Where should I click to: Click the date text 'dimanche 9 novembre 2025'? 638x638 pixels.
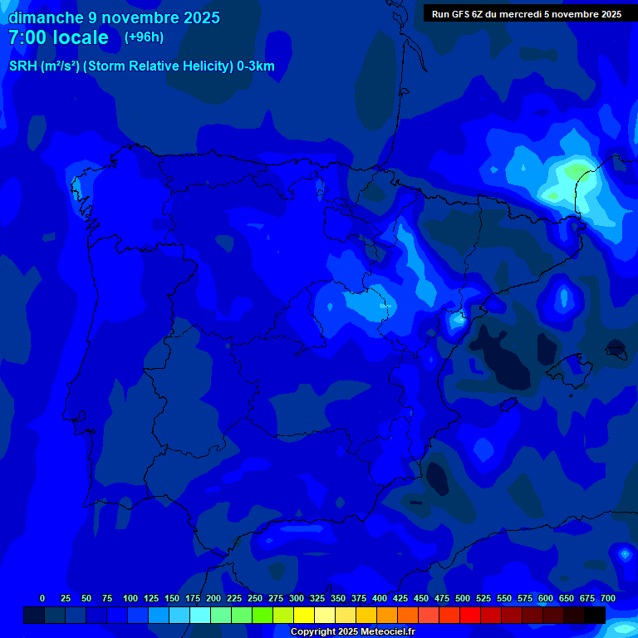click(x=114, y=17)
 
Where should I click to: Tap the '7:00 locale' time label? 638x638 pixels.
click(x=58, y=37)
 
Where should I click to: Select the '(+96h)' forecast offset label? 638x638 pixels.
click(x=144, y=37)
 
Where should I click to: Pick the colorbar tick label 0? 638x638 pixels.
click(x=42, y=598)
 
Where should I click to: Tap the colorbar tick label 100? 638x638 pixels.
click(x=130, y=598)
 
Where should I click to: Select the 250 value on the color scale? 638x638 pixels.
click(x=255, y=598)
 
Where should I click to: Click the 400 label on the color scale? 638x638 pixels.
click(x=380, y=598)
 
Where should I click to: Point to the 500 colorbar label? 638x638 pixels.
click(x=463, y=598)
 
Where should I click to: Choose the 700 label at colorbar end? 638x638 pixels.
click(x=608, y=598)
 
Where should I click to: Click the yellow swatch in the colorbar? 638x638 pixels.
click(x=303, y=615)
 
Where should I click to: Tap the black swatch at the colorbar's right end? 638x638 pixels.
click(x=594, y=615)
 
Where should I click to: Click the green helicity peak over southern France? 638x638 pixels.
click(x=575, y=172)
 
